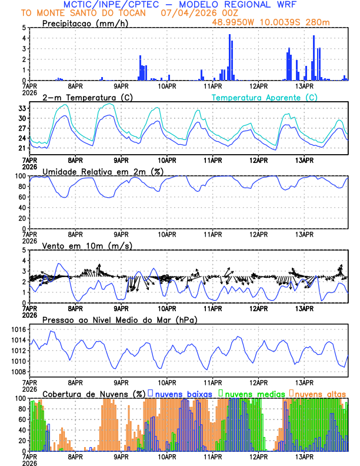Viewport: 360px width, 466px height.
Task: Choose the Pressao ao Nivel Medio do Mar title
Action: [119, 319]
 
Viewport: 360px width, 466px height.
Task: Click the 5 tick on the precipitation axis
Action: [24, 28]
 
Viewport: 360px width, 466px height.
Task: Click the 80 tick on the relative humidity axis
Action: [21, 187]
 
